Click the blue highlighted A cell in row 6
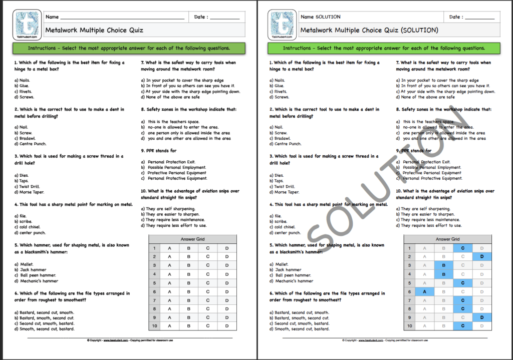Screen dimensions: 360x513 pyautogui.click(x=424, y=291)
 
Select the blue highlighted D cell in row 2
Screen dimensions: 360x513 pyautogui.click(x=481, y=256)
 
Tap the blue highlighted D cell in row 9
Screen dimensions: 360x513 pyautogui.click(x=481, y=317)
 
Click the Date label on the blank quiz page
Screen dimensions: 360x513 pyautogui.click(x=200, y=17)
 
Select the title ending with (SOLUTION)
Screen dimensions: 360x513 pyautogui.click(x=369, y=30)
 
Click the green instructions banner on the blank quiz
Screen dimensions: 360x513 pyautogui.click(x=129, y=49)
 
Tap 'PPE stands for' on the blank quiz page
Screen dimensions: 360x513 pyautogui.click(x=158, y=151)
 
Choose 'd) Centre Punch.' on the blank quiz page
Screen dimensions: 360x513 pyautogui.click(x=32, y=144)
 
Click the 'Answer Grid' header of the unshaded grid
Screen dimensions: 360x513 pyautogui.click(x=193, y=239)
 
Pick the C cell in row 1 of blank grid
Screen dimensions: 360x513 pyautogui.click(x=207, y=248)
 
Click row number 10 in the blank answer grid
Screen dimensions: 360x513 pyautogui.click(x=154, y=326)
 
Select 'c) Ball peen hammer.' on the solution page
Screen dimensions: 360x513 pyautogui.click(x=290, y=275)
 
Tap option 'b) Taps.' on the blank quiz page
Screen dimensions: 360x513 pyautogui.click(x=23, y=181)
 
